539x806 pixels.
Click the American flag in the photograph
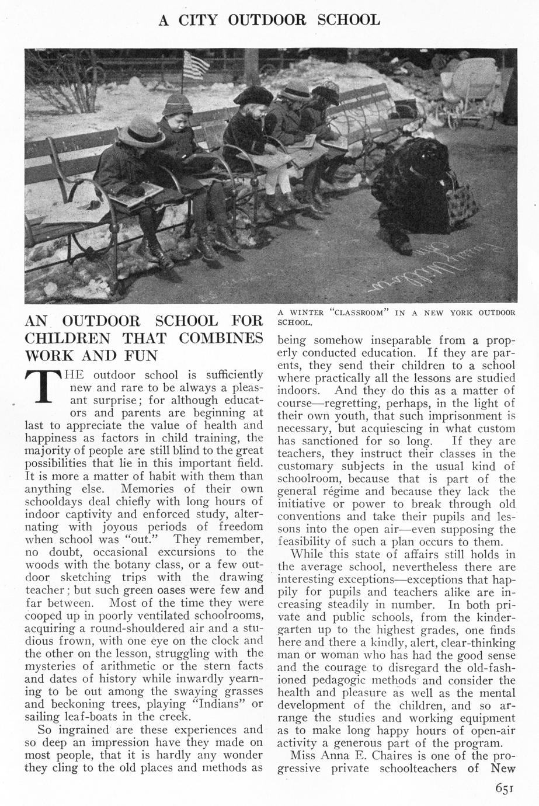tap(196, 65)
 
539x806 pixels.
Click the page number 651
tap(504, 789)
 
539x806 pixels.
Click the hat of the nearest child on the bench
tap(141, 131)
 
